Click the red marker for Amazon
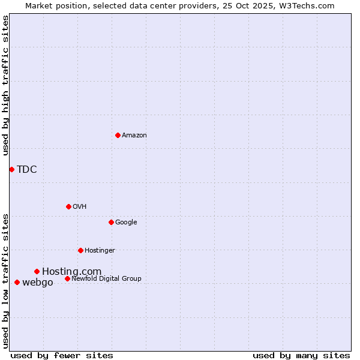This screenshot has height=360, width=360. pos(118,135)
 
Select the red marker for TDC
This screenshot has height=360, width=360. pos(11,169)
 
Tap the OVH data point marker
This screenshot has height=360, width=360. pos(68,206)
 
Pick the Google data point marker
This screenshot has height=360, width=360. pos(111,222)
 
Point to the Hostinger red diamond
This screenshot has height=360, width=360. pos(80,250)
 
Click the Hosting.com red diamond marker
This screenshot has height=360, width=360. pos(37,271)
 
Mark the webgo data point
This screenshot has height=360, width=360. pos(17,282)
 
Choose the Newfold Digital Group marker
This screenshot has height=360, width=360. pos(67,278)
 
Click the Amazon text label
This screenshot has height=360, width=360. pos(134,136)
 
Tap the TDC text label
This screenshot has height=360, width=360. pos(27,170)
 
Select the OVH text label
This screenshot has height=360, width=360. pos(80,207)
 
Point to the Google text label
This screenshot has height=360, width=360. pos(126,223)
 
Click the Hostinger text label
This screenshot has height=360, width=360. pos(100,251)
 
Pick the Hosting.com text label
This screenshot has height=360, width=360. pos(71,272)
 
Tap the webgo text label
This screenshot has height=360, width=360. pos(37,283)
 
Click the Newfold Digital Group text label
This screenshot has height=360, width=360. pos(106,279)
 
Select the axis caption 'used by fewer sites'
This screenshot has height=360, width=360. pos(62,355)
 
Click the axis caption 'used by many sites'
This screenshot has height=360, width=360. pos(301,355)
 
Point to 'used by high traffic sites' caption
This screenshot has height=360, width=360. pos(5,85)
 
